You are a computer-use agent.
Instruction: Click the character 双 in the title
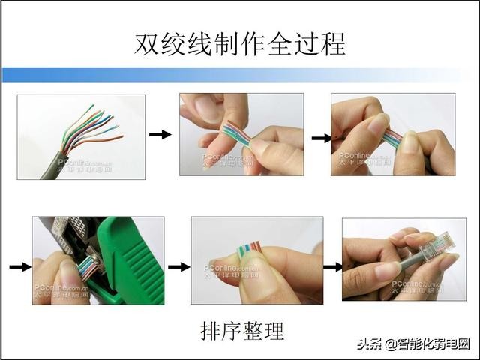pyautogui.click(x=147, y=43)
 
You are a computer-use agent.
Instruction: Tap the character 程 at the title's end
pyautogui.click(x=333, y=43)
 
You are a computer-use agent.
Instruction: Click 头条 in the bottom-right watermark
pyautogui.click(x=370, y=345)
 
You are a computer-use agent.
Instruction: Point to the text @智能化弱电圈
pyautogui.click(x=427, y=345)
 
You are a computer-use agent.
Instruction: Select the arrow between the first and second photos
pyautogui.click(x=160, y=134)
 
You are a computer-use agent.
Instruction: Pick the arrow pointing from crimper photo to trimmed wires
pyautogui.click(x=178, y=266)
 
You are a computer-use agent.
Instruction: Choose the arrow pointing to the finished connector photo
pyautogui.click(x=333, y=265)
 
